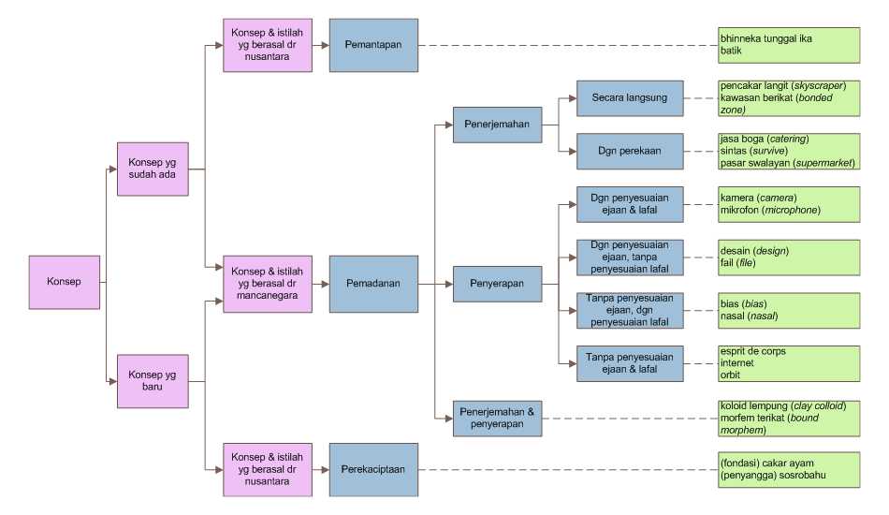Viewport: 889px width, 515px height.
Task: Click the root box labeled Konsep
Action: [x=64, y=282]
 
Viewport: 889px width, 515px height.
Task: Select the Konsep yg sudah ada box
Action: [x=153, y=169]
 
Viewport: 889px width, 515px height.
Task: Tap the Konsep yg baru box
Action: [x=153, y=381]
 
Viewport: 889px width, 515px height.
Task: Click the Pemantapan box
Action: [x=373, y=45]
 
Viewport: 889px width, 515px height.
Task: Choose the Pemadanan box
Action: [x=373, y=284]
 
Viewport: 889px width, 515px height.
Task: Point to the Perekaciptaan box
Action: [x=373, y=470]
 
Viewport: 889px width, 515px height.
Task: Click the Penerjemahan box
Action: [x=497, y=125]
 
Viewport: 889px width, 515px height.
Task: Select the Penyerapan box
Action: [x=497, y=284]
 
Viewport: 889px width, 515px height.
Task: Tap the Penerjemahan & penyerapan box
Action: [x=497, y=418]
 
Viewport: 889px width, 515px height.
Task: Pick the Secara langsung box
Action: [x=630, y=98]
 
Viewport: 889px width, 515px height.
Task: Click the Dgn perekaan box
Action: [x=630, y=152]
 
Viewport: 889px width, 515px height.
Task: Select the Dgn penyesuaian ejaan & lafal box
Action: [x=630, y=204]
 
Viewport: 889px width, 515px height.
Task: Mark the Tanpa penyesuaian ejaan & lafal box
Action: [x=630, y=363]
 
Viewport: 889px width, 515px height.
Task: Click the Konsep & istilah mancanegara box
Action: [x=268, y=284]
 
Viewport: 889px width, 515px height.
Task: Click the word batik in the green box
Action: [x=731, y=51]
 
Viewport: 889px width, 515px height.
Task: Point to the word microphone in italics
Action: [x=791, y=210]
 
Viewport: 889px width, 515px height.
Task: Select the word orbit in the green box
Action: [x=730, y=375]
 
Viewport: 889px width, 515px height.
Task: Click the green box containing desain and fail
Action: [x=789, y=257]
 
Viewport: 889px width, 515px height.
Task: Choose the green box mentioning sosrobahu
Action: [x=789, y=470]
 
